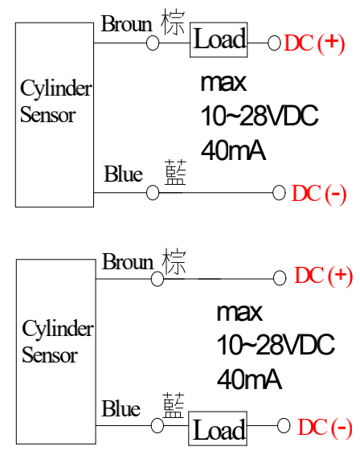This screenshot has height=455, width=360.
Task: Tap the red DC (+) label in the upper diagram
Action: click(x=314, y=43)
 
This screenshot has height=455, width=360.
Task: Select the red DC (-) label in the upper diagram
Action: click(x=319, y=194)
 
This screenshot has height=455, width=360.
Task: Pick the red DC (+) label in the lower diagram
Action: click(x=324, y=276)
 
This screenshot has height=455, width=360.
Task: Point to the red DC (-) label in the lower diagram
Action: click(x=325, y=428)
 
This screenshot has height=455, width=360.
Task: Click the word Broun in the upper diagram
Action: click(x=127, y=24)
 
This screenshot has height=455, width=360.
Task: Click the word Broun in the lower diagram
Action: click(x=128, y=261)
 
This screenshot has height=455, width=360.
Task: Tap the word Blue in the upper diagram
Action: click(x=123, y=174)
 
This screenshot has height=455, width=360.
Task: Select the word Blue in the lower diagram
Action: click(x=121, y=408)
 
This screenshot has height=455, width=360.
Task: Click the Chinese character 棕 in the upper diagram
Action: click(x=173, y=22)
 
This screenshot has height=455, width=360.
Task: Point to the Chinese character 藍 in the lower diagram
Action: click(x=174, y=406)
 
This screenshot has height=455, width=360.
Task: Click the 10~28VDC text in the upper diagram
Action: click(x=260, y=116)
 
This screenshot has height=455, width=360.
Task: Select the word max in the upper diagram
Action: click(x=223, y=83)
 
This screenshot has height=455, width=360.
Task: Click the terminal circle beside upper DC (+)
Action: click(x=274, y=43)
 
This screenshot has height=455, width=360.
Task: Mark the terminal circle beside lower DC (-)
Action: click(x=284, y=426)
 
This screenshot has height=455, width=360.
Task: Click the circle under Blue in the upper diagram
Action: click(x=153, y=193)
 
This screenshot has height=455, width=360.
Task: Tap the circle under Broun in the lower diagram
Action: click(x=157, y=279)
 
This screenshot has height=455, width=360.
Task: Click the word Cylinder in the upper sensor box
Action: click(x=56, y=88)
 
